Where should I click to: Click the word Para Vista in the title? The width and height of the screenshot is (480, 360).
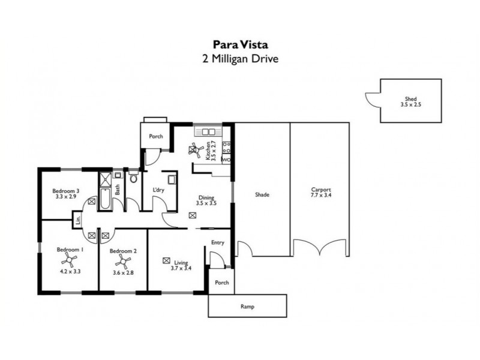click(x=239, y=44)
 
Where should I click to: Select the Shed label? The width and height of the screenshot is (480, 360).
click(x=410, y=100)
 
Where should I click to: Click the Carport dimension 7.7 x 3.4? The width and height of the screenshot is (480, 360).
click(x=321, y=196)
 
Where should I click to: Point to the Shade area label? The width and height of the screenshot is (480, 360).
click(x=262, y=195)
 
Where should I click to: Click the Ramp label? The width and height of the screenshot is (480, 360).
click(x=247, y=307)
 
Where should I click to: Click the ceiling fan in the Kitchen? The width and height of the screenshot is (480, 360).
click(x=196, y=149)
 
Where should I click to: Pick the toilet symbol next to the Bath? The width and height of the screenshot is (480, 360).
click(x=133, y=178)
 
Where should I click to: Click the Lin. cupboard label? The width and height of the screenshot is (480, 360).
click(x=79, y=220)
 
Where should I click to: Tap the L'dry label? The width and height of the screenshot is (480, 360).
click(x=158, y=190)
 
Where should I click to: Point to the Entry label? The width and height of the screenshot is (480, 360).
click(x=217, y=243)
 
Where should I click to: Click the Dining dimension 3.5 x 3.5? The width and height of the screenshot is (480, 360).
click(x=206, y=204)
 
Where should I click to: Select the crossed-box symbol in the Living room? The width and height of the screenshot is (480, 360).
click(x=166, y=260)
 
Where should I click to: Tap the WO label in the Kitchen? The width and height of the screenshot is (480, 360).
click(x=226, y=160)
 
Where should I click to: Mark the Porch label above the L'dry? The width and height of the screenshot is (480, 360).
click(x=156, y=136)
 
